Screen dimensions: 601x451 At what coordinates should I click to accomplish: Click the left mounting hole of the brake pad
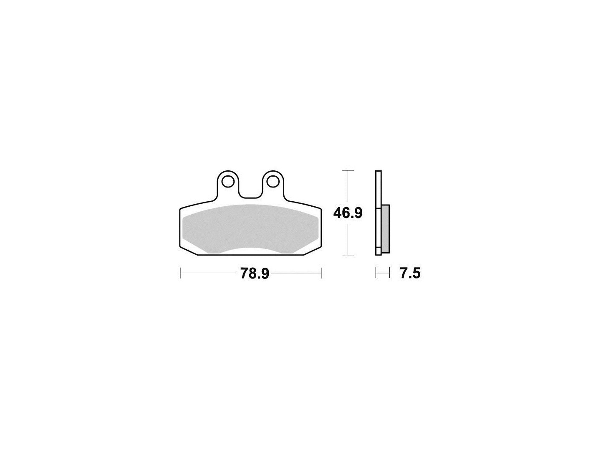(x=227, y=182)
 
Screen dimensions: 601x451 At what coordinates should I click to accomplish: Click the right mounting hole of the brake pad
(x=273, y=182)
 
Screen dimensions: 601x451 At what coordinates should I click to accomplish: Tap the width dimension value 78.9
(x=255, y=273)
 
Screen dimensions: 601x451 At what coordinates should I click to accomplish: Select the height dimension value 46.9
(x=348, y=213)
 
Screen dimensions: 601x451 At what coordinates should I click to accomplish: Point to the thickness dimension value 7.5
(x=410, y=273)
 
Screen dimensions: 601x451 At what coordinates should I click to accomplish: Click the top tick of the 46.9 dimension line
(x=348, y=170)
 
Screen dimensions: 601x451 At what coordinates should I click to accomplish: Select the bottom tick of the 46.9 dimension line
(x=348, y=255)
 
